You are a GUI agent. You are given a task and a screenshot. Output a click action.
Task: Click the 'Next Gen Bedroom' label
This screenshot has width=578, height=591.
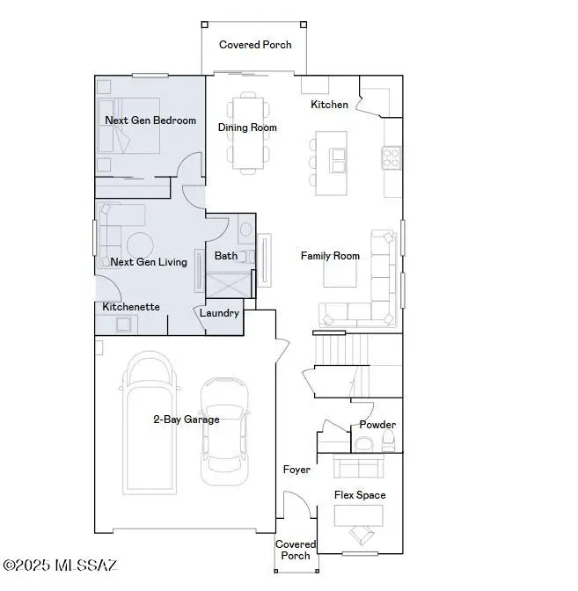click(150, 120)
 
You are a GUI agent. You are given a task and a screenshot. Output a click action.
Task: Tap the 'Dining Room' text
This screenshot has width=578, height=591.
click(247, 128)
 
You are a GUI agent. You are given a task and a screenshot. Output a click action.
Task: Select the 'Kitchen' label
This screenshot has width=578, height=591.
click(329, 105)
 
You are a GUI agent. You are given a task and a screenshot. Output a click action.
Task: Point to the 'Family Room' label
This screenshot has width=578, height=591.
click(330, 256)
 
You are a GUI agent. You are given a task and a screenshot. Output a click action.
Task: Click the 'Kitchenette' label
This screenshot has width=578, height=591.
click(131, 306)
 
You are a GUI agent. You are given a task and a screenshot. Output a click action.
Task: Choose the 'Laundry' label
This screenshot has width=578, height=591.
click(219, 313)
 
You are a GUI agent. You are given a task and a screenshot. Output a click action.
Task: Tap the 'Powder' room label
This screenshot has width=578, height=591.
click(377, 425)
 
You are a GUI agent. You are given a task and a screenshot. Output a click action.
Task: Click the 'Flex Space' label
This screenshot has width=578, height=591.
click(359, 495)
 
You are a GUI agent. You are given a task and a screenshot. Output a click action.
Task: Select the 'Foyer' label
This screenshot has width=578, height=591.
click(296, 470)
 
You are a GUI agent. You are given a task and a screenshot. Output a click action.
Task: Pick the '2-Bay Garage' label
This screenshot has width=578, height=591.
click(186, 420)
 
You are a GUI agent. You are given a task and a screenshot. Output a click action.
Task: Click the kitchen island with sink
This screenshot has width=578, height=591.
click(333, 164)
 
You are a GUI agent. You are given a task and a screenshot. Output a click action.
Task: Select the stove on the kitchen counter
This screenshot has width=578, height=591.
click(391, 157)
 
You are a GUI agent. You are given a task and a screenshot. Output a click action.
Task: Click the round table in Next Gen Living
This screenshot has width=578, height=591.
click(139, 245)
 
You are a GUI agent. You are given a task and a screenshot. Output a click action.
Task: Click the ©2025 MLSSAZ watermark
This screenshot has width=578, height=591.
click(60, 565)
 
